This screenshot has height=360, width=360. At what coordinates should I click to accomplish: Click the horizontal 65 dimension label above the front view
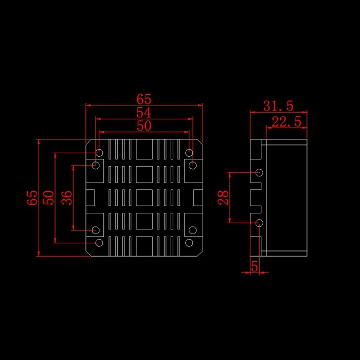[144, 99]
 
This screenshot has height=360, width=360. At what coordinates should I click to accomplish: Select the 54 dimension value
[144, 113]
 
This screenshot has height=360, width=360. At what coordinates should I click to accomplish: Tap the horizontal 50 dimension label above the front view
[144, 126]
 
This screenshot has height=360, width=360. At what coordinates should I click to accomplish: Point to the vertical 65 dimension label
[32, 197]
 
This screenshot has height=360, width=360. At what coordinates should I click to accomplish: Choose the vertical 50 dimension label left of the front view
[49, 197]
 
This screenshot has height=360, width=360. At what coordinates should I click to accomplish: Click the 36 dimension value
[67, 197]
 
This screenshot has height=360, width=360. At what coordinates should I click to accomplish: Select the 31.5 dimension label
[278, 106]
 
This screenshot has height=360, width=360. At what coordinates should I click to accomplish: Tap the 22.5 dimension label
[286, 122]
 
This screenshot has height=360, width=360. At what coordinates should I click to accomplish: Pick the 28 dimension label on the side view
[223, 197]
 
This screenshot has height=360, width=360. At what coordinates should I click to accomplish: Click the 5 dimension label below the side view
[255, 266]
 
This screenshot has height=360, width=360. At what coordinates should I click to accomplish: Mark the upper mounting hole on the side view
[259, 172]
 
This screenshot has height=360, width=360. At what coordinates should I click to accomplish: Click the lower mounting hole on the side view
[259, 223]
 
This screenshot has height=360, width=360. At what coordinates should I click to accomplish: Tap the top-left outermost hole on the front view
[99, 153]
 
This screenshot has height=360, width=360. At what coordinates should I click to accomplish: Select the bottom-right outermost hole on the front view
[189, 243]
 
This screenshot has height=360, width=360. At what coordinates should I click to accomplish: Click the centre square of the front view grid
[144, 197]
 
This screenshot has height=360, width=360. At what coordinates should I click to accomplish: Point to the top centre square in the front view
[144, 149]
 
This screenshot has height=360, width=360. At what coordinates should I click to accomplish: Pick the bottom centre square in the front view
[144, 246]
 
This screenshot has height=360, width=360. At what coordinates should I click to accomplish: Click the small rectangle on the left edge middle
[90, 197]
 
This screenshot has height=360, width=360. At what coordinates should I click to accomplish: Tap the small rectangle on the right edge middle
[198, 197]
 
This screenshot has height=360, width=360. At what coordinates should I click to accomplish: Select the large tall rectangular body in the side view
[286, 197]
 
